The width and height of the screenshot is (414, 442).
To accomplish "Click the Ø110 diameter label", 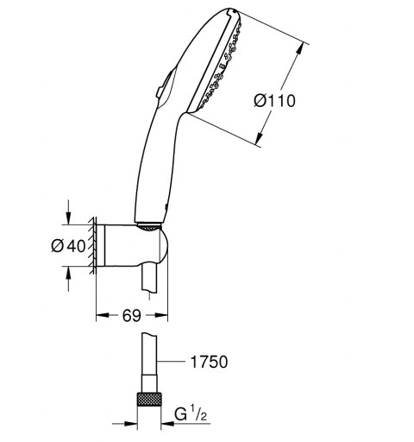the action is pos(274,101).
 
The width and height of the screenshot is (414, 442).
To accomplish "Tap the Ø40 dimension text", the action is pos(68,246).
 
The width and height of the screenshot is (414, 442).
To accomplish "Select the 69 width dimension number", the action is pos(132,315).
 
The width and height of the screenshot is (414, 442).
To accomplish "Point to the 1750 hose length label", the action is pos(209,362).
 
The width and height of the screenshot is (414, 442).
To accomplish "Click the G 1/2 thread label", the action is pos(191,415).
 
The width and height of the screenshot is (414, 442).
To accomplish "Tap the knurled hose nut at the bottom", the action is pos(149,399).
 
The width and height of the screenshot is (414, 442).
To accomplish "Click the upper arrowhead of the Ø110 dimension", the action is pos(299,49).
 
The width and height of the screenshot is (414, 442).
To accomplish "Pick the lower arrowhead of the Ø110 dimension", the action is pos(260,137).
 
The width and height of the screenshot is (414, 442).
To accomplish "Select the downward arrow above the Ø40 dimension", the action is pos(68,212).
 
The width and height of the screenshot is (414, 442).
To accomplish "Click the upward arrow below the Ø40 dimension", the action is pos(68,279).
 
